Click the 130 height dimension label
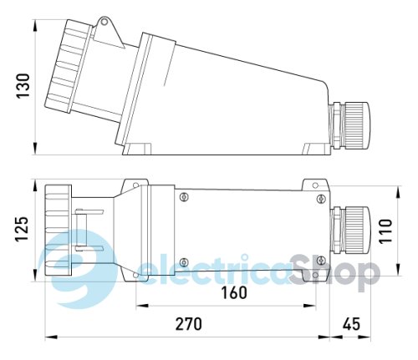(23, 89)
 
